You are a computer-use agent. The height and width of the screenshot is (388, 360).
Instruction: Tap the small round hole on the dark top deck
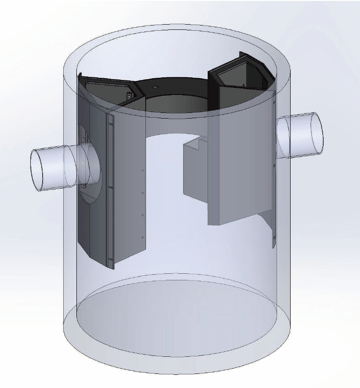point(154,87)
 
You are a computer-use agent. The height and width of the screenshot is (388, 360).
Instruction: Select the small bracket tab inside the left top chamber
point(129,96)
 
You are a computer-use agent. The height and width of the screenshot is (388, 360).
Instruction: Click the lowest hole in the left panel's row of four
point(143,237)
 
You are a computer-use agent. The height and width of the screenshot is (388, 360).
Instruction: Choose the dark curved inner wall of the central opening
point(176,103)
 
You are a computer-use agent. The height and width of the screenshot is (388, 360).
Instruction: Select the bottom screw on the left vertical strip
point(112,259)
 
